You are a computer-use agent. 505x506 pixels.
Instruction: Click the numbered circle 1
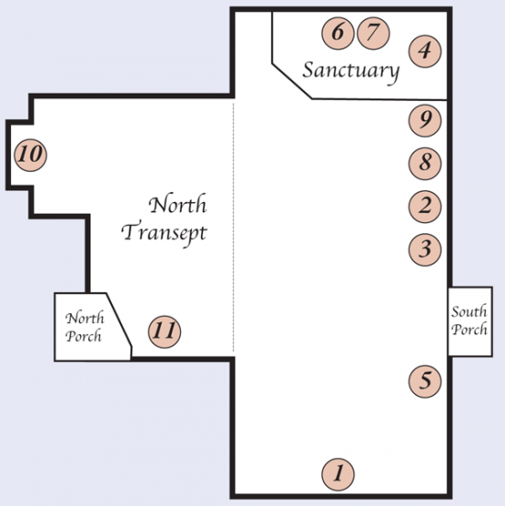[338, 475]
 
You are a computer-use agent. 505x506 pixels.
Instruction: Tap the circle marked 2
[424, 207]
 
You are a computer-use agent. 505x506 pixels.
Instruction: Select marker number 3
[424, 250]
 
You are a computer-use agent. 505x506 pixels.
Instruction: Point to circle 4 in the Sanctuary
[424, 51]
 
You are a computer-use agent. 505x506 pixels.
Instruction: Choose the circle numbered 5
[424, 381]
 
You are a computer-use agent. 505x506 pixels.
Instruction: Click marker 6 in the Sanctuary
[338, 33]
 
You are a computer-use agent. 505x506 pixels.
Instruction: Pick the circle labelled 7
[374, 33]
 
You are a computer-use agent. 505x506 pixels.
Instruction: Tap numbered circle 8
[424, 163]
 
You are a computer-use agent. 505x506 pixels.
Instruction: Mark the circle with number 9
[424, 120]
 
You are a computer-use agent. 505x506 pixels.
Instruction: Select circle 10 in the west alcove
[30, 155]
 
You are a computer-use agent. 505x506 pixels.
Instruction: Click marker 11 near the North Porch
[164, 332]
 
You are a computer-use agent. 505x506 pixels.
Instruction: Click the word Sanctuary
[351, 72]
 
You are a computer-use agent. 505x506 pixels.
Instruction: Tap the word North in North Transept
[178, 204]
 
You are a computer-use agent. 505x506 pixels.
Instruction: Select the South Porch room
[470, 321]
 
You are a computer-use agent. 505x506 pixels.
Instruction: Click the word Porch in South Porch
[469, 330]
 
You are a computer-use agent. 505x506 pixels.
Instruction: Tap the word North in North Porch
[84, 318]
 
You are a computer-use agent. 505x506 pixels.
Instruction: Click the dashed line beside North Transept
[233, 227]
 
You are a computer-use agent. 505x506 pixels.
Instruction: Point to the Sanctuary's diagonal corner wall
[292, 81]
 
